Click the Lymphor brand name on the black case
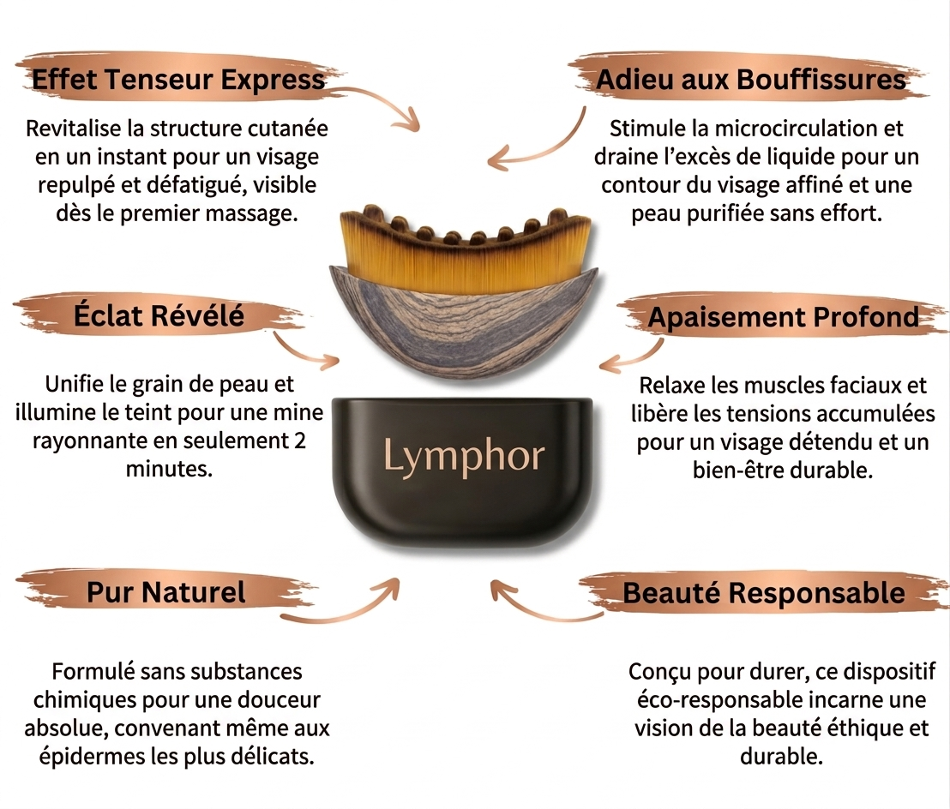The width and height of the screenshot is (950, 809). click(x=464, y=458)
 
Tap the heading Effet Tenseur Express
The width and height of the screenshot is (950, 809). click(x=178, y=80)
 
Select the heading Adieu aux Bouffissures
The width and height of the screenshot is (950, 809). click(x=751, y=80)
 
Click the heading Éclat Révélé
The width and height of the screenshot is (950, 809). click(x=159, y=315)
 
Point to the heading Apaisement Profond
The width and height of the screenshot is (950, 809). click(x=784, y=317)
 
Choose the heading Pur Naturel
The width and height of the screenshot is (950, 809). click(x=166, y=592)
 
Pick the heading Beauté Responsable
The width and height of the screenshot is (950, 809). click(x=764, y=593)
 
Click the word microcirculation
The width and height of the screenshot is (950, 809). click(x=797, y=129)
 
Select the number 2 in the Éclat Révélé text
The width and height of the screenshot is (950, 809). click(x=299, y=440)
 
